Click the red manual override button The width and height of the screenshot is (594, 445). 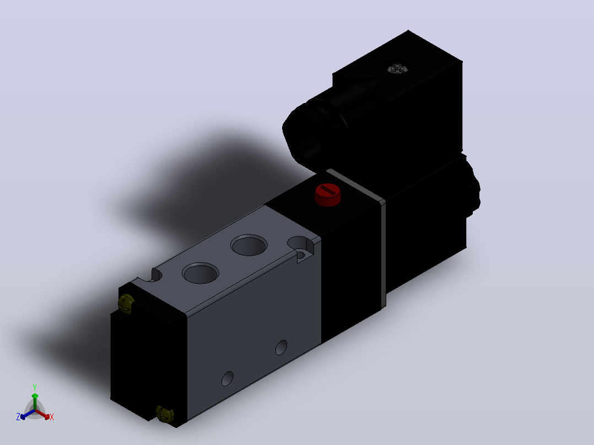[x=328, y=194]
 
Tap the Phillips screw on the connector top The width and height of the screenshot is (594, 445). [x=397, y=68]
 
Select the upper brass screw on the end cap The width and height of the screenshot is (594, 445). [x=127, y=303]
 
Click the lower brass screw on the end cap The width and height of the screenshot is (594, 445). [x=165, y=414]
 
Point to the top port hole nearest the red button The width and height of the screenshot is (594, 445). [x=249, y=245]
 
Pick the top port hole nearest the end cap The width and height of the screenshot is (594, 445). [x=201, y=273]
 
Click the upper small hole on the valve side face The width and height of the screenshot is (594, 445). [x=281, y=348]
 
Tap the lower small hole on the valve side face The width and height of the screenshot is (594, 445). [x=227, y=378]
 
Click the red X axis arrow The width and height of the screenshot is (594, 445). [x=42, y=414]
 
